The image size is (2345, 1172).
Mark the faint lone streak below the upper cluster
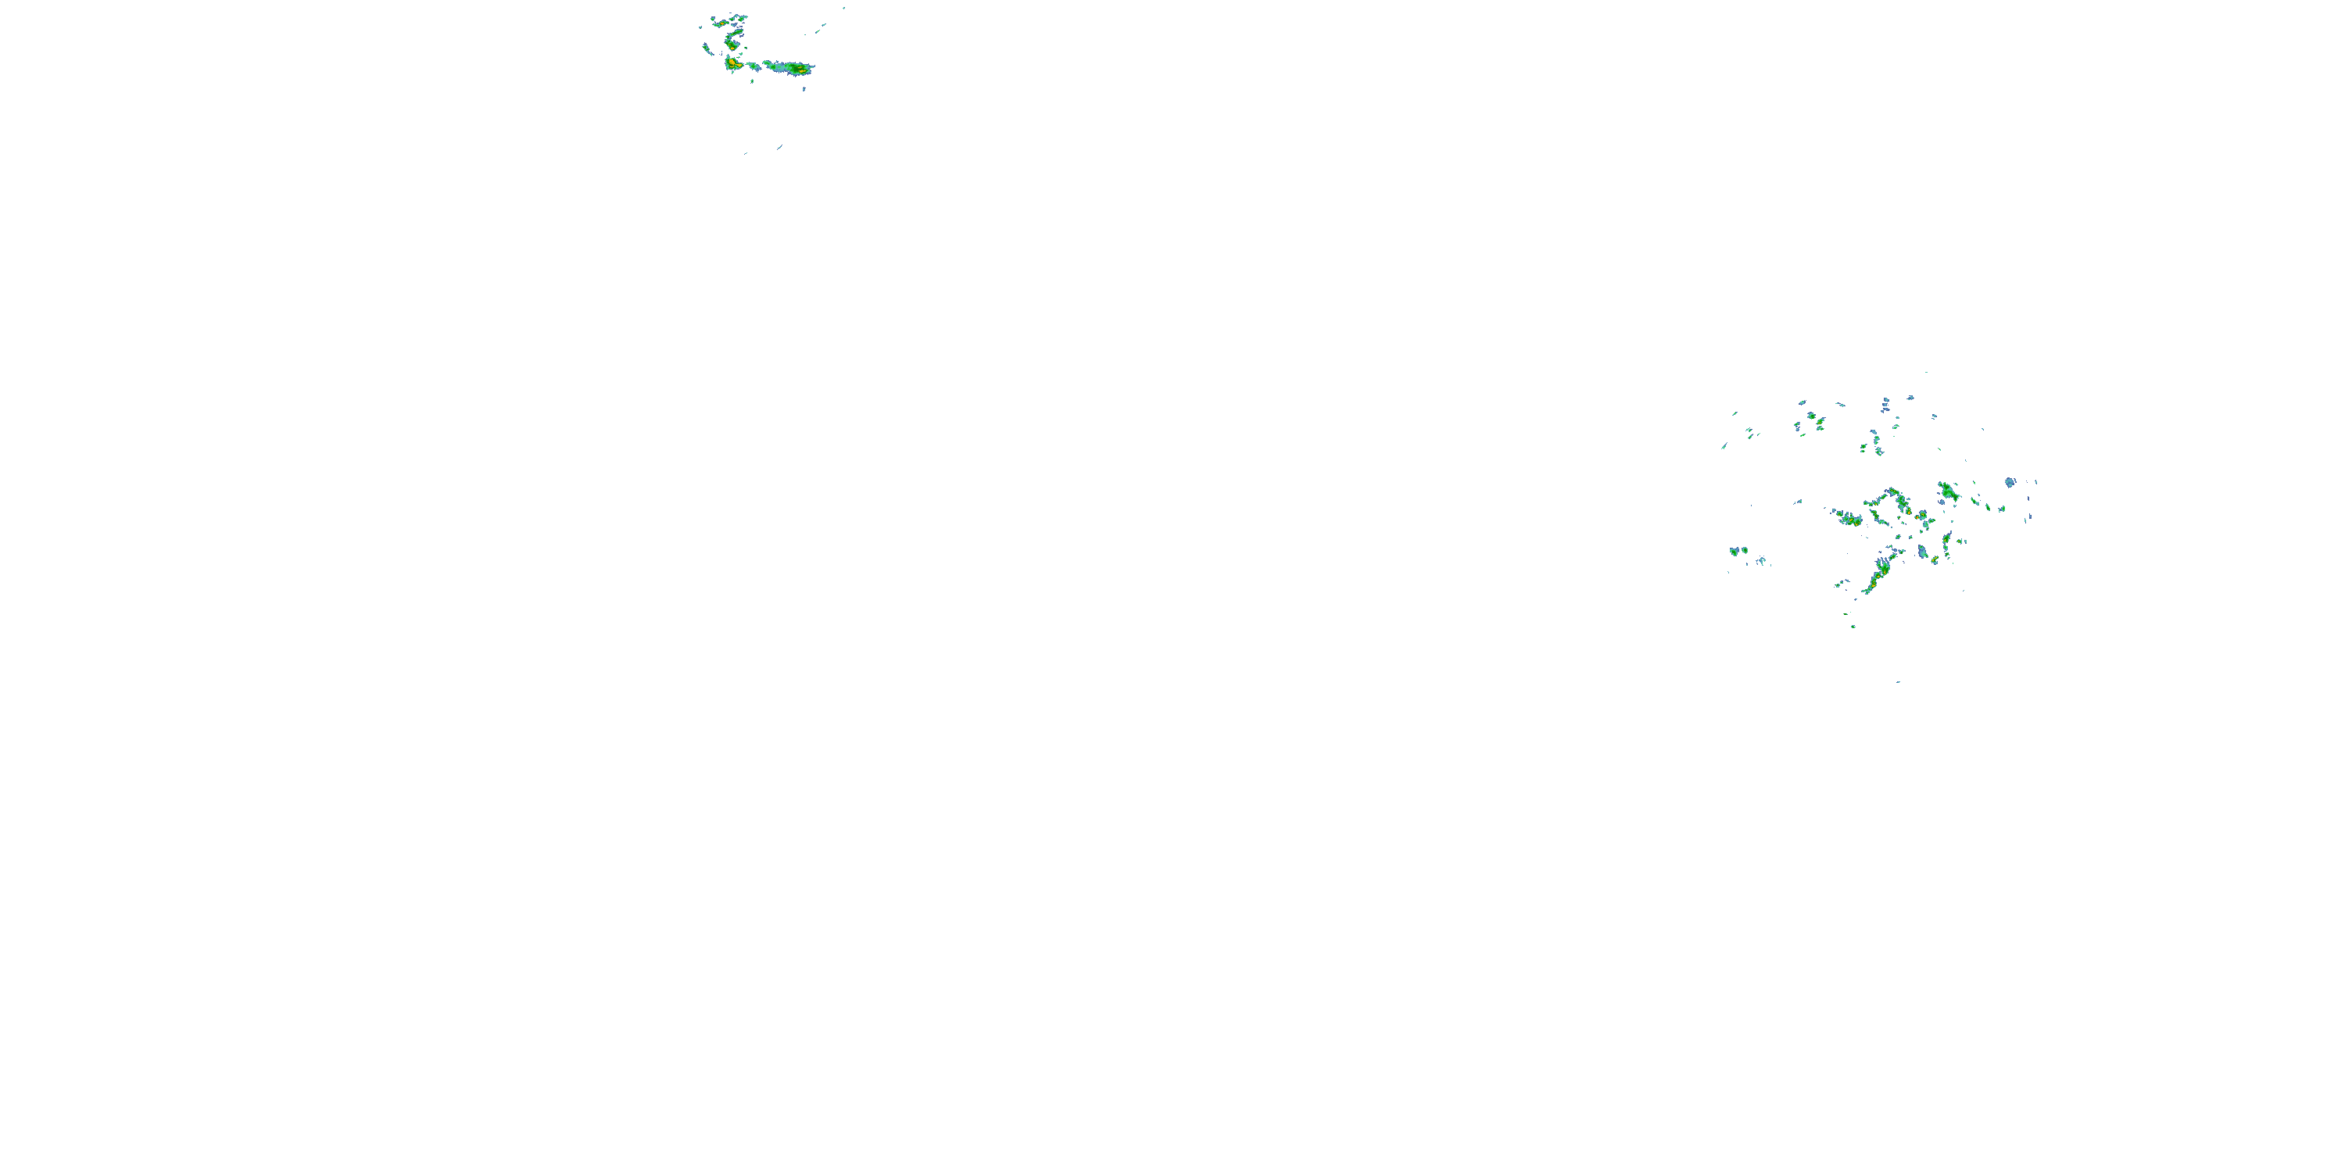pyautogui.click(x=779, y=147)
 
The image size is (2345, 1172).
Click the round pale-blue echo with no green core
pyautogui.click(x=2009, y=481)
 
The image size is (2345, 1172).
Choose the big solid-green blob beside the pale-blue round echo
pyautogui.click(x=1947, y=492)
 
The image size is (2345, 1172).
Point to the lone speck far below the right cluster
pyautogui.click(x=1898, y=681)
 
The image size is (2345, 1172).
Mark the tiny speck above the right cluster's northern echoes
pyautogui.click(x=1926, y=372)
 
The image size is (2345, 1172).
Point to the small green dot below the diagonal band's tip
pyautogui.click(x=1853, y=626)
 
